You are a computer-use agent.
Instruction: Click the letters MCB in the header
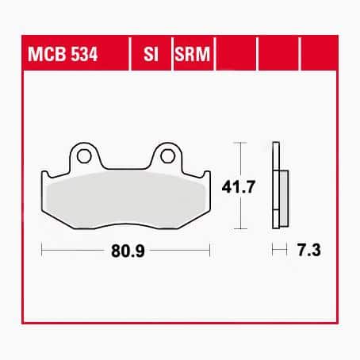[x=46, y=57]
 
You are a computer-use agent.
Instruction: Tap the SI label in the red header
[x=149, y=57]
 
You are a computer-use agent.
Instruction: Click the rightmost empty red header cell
[x=318, y=57]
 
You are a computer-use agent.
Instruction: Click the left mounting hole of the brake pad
[x=82, y=156]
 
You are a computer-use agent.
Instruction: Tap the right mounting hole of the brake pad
[x=168, y=156]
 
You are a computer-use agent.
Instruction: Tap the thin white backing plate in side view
[x=275, y=186]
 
